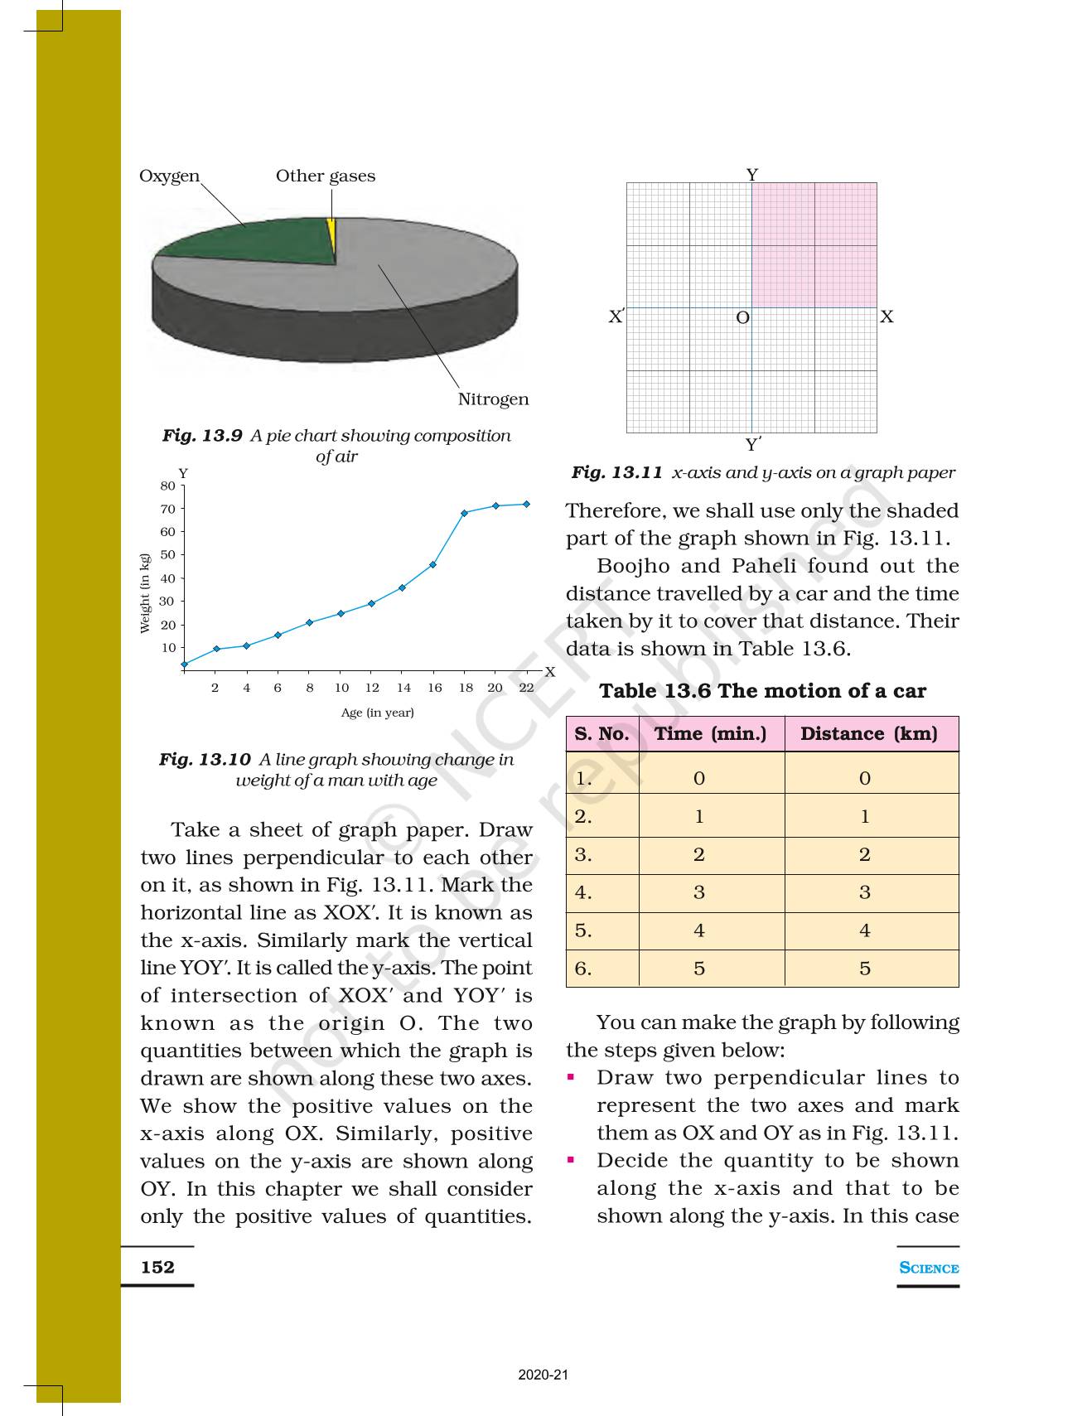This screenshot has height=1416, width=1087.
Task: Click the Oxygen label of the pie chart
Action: pyautogui.click(x=169, y=176)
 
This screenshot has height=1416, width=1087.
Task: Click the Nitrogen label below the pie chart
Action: pyautogui.click(x=493, y=399)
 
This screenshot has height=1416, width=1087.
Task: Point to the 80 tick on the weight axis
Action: pyautogui.click(x=168, y=486)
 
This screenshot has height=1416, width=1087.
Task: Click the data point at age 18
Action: pyautogui.click(x=464, y=513)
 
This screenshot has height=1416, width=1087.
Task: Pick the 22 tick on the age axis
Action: pyautogui.click(x=526, y=688)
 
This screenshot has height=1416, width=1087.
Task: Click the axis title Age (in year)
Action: pyautogui.click(x=377, y=713)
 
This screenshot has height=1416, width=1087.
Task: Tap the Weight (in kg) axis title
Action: pyautogui.click(x=146, y=593)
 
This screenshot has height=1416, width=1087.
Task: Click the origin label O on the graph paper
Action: pyautogui.click(x=742, y=318)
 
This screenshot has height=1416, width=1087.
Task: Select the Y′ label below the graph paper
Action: pyautogui.click(x=753, y=445)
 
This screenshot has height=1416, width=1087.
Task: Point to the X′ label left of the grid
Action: pyautogui.click(x=616, y=317)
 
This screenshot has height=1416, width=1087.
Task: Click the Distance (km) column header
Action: pyautogui.click(x=868, y=734)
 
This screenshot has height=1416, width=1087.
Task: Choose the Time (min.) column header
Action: pyautogui.click(x=710, y=734)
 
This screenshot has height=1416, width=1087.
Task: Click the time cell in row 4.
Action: pyautogui.click(x=698, y=892)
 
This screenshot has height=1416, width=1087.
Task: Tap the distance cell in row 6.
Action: pyautogui.click(x=864, y=969)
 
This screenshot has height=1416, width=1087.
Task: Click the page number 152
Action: pyautogui.click(x=157, y=1267)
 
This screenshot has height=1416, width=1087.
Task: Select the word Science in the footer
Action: pyautogui.click(x=928, y=1268)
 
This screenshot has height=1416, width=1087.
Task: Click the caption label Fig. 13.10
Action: pyautogui.click(x=205, y=760)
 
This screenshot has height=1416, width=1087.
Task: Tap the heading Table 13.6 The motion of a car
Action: pyautogui.click(x=762, y=691)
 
